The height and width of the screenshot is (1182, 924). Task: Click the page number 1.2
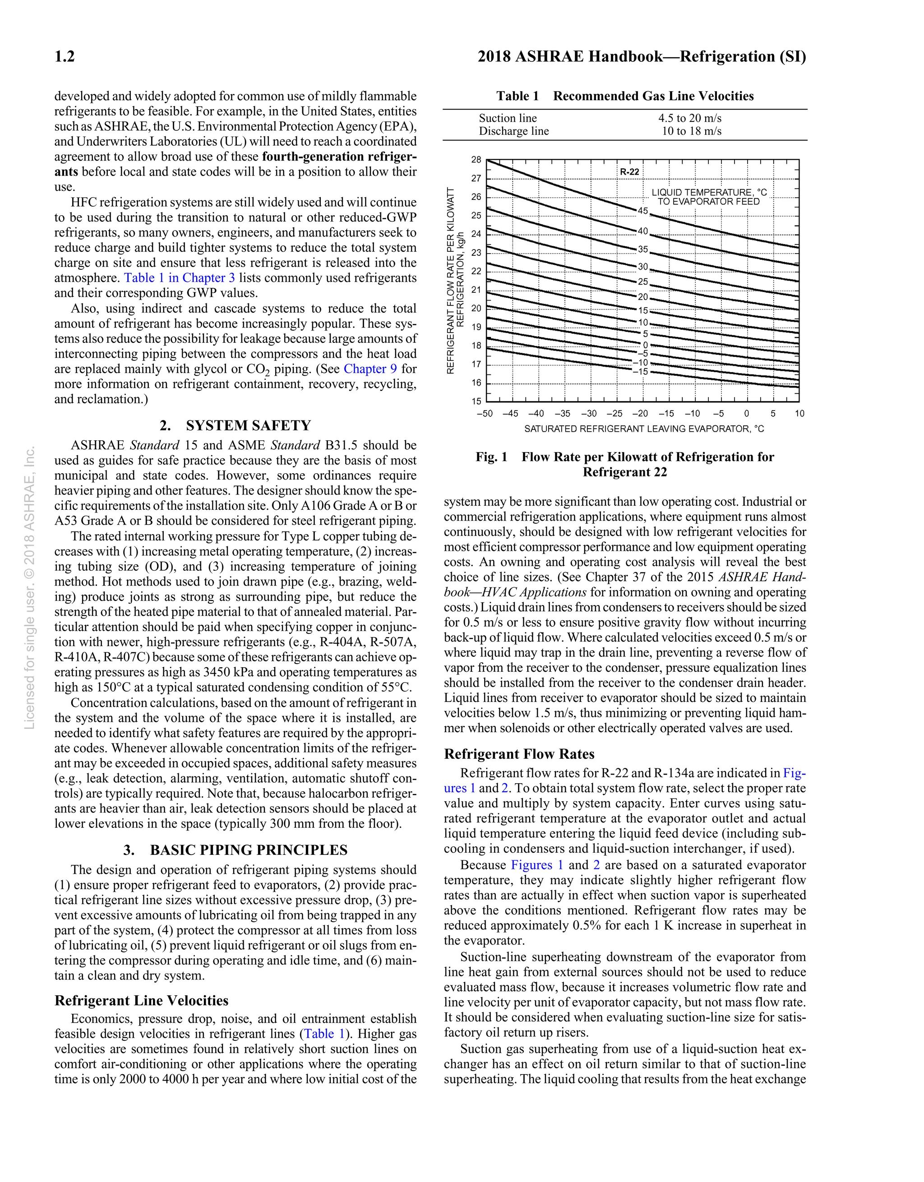65,57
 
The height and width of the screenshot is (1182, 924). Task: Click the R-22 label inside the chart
629,172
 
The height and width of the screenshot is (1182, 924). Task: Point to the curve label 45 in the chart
642,211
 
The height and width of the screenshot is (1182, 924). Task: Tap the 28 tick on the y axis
476,160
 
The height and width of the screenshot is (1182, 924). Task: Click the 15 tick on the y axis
476,402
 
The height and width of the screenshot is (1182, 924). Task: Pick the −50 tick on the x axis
485,414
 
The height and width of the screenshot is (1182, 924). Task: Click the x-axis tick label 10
799,414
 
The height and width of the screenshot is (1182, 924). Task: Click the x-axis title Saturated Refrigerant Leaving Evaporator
644,429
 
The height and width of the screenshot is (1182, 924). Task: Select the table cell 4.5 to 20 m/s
690,119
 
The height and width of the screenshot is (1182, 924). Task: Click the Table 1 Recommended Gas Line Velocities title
625,97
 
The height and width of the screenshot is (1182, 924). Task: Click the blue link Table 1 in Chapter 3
179,278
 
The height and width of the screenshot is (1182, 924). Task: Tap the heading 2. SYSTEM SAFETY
236,426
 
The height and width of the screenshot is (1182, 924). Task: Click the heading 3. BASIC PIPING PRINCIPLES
236,850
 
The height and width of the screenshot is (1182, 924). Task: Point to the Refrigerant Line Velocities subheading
141,1001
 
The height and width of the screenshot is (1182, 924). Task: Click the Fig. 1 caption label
491,457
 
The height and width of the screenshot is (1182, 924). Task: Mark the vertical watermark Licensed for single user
30,587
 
